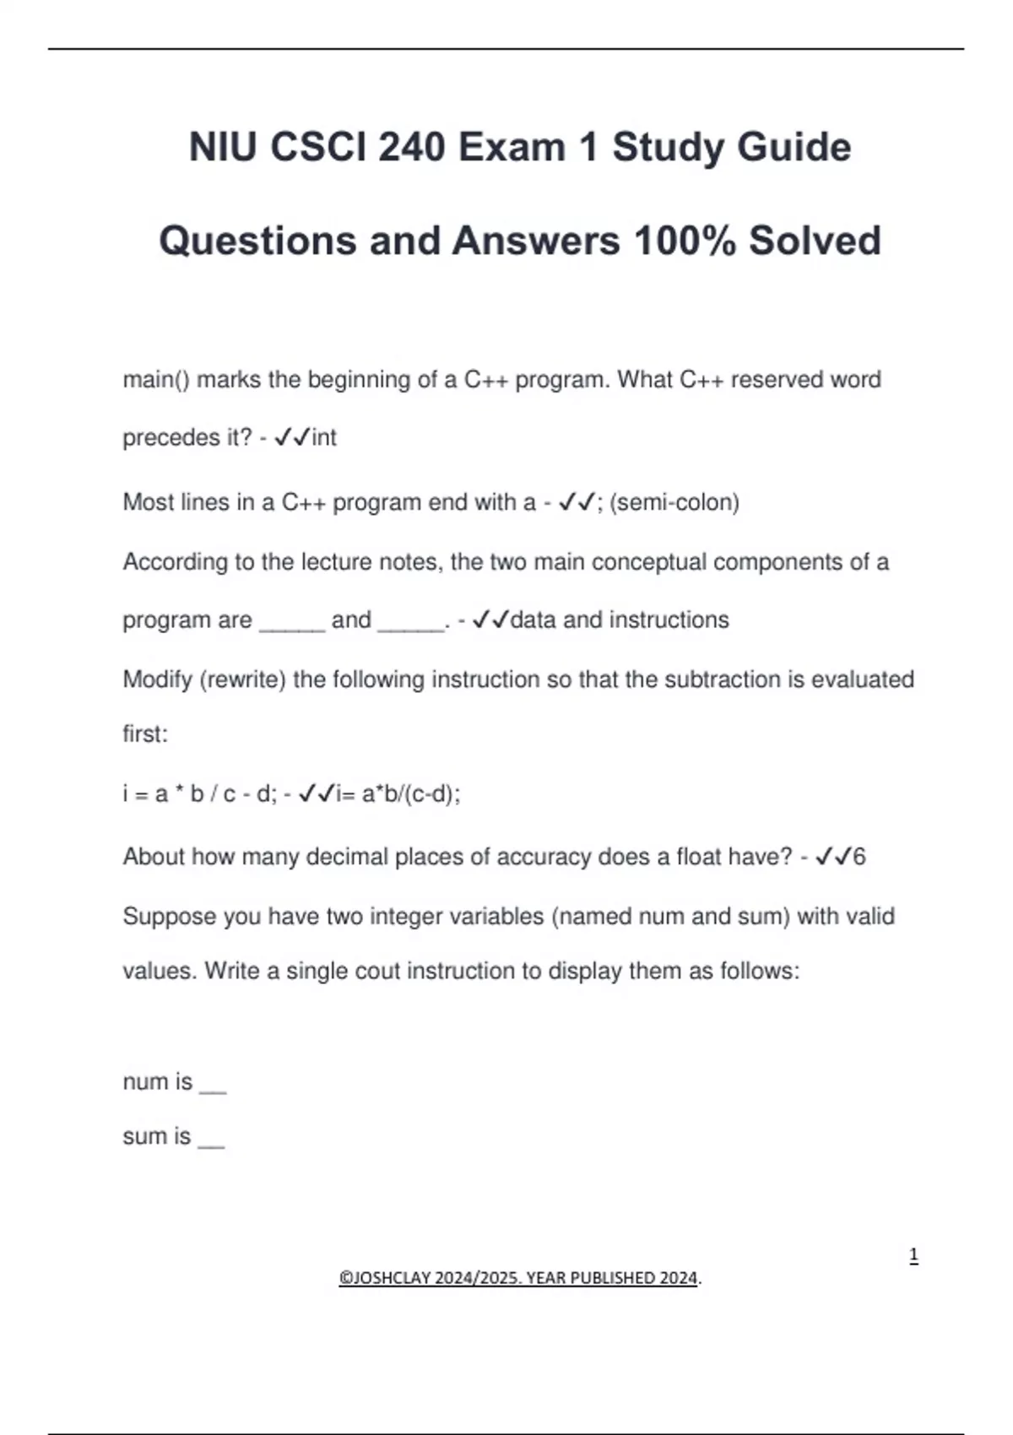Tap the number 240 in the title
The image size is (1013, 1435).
point(411,148)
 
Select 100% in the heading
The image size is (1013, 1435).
point(685,241)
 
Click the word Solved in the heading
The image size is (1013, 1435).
point(815,241)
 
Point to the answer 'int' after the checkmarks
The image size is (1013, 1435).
point(324,438)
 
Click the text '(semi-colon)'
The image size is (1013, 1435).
point(674,502)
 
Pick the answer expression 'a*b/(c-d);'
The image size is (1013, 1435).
point(411,794)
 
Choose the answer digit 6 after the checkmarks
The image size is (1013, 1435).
point(859,858)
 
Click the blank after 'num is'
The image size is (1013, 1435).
point(213,1085)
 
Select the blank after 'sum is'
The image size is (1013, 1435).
point(211,1140)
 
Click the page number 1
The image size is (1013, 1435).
point(913,1256)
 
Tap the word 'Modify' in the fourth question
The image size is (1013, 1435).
point(158,680)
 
